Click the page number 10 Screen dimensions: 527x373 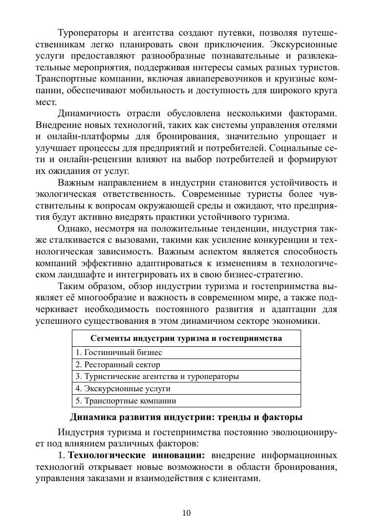coord(186,513)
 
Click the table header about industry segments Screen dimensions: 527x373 coord(186,338)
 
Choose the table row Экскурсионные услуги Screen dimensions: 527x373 coord(123,389)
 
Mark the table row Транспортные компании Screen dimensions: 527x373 coord(126,401)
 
